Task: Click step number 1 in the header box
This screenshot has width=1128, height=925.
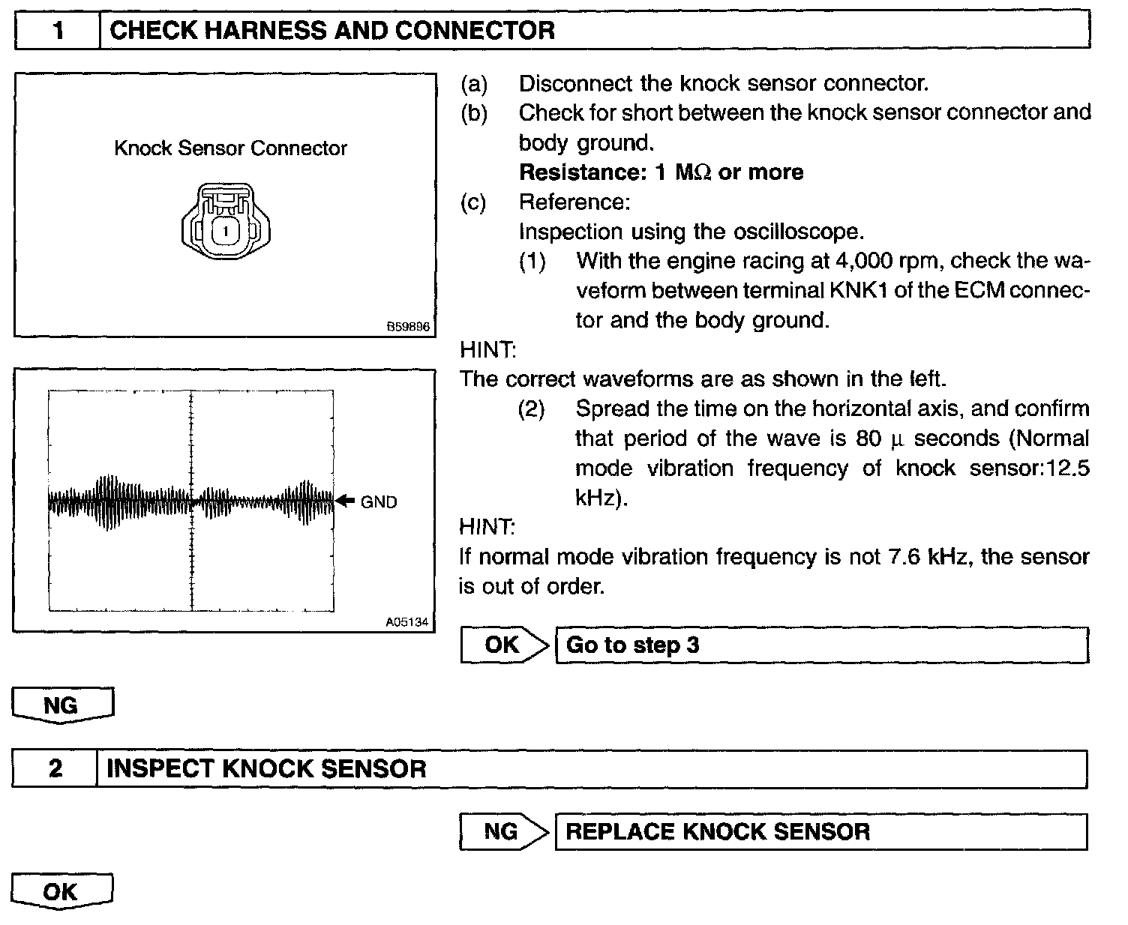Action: click(58, 31)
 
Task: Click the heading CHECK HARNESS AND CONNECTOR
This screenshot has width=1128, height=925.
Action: click(331, 31)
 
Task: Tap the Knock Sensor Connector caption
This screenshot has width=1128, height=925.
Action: click(230, 148)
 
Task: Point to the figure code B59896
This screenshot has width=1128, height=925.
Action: click(409, 328)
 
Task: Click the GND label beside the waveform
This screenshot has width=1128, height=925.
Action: click(379, 502)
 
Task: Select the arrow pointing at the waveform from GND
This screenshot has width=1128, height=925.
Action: click(345, 501)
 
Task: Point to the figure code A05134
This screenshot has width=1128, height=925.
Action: click(408, 622)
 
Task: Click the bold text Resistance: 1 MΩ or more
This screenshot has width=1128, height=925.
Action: click(661, 172)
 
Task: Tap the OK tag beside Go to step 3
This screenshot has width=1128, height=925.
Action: click(502, 645)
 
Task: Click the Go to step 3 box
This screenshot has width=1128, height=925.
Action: click(821, 645)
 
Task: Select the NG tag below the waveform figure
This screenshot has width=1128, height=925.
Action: click(61, 706)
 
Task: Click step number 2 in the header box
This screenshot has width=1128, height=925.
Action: click(55, 769)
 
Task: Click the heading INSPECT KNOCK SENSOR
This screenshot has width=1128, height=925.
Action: click(266, 769)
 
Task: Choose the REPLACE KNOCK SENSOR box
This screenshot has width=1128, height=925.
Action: click(820, 831)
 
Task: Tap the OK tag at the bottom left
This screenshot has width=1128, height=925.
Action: click(61, 892)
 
